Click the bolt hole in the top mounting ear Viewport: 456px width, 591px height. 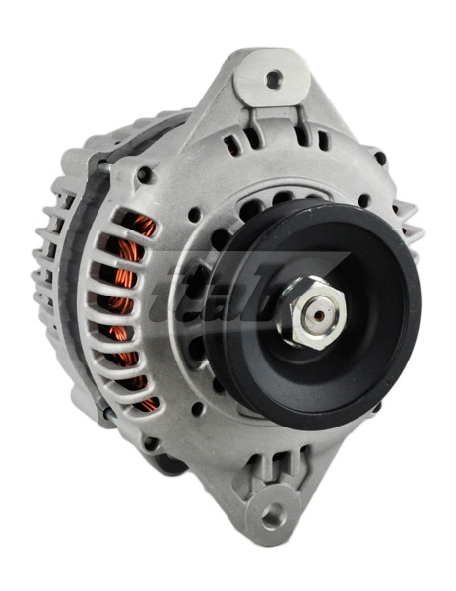pyautogui.click(x=273, y=78)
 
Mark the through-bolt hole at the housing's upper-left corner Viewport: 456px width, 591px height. pyautogui.click(x=145, y=175)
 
